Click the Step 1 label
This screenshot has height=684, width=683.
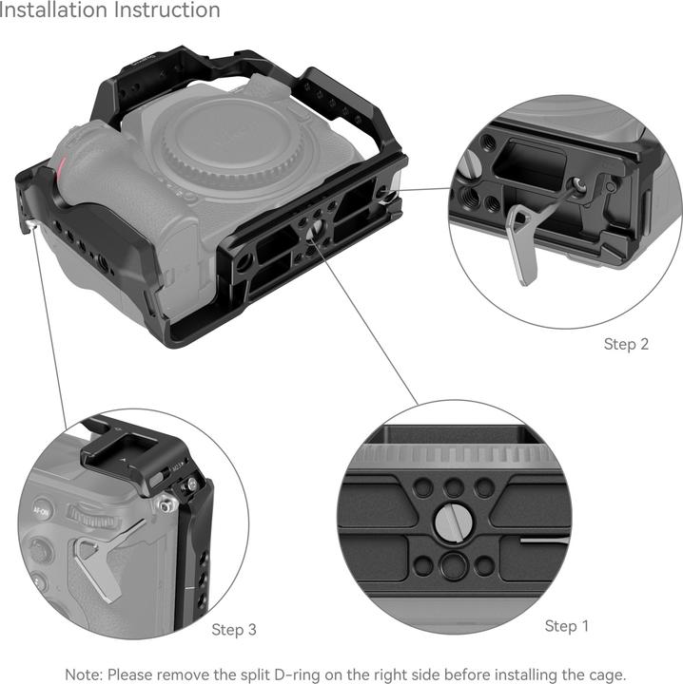pos(567,626)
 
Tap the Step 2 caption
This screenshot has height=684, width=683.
pos(626,344)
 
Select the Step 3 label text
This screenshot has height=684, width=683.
pos(234,630)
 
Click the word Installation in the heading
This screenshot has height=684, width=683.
pos(52,11)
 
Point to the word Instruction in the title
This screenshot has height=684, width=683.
pos(167,11)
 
